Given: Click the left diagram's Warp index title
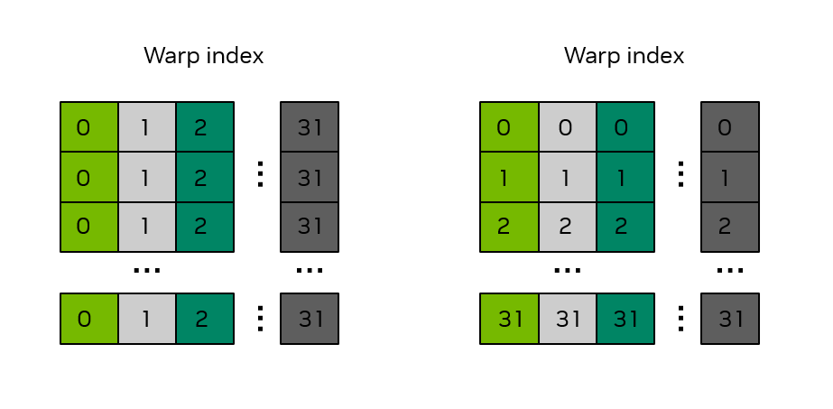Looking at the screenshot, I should point(204,55).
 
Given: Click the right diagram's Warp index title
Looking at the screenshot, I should point(624,55).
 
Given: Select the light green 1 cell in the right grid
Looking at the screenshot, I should point(509,178).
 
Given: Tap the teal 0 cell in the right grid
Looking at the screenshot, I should point(625,127).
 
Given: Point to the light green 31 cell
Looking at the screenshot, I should point(509,319).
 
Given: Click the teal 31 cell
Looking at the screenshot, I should point(625,319).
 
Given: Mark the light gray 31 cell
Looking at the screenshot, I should point(567,319).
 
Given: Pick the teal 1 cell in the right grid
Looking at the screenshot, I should point(625,178).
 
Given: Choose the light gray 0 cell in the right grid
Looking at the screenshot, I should point(567,127).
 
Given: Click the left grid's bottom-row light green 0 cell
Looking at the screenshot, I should point(89,319).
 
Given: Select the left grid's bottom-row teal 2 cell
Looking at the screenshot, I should point(205,319).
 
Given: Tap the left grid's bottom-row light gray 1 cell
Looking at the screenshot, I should point(147,319).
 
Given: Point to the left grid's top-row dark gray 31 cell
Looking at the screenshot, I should point(310,127).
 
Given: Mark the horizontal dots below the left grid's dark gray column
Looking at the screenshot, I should point(310,269).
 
